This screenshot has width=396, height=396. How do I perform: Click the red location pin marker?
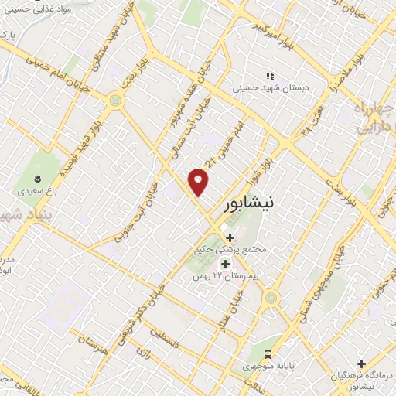click(200, 183)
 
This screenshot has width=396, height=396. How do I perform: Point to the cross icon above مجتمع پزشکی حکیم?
click(229, 237)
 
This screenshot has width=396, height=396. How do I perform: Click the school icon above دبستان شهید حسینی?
click(270, 76)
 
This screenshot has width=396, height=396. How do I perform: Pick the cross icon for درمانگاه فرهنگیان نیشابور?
click(360, 363)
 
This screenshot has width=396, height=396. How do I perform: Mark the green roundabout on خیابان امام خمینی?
click(116, 101)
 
